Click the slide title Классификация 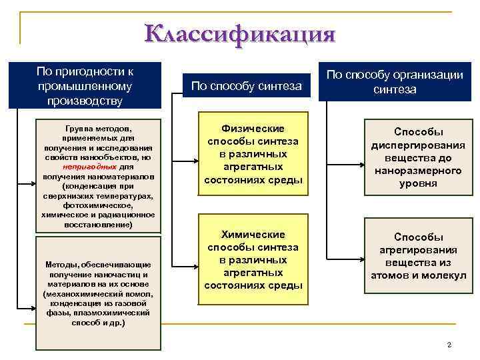tap(239, 34)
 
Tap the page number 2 tap(449, 344)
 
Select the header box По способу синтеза tap(246, 85)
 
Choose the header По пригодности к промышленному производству tap(85, 85)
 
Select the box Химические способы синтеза tap(253, 260)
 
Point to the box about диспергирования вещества tap(418, 157)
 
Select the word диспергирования tap(418, 145)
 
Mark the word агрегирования tap(418, 250)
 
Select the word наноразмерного tap(418, 171)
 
